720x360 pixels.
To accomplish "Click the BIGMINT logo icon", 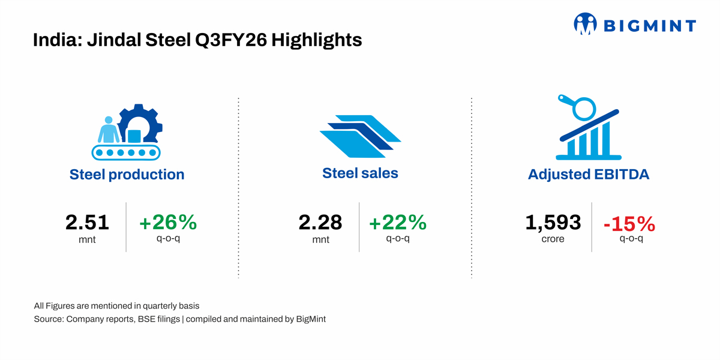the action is [585, 23].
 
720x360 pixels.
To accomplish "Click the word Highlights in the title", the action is [317, 41].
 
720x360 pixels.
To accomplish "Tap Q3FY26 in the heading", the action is [231, 40].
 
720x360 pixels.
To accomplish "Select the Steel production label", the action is [127, 175].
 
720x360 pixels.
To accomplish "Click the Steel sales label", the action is [360, 173].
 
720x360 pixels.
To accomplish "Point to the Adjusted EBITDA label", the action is [589, 175].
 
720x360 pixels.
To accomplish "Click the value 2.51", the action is [87, 223].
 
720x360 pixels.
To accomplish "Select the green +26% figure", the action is [168, 222].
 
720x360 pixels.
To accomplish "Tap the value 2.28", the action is [320, 223].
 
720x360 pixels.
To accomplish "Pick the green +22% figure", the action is [398, 222].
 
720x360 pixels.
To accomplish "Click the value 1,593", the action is [553, 223].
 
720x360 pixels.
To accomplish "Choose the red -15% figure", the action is [629, 224].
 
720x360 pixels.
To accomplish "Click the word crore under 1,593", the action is [553, 239].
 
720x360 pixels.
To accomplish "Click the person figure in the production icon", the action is [109, 130].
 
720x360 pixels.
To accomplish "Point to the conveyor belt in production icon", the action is [126, 152].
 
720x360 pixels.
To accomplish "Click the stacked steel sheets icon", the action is [360, 136].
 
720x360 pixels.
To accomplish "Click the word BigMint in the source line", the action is [311, 319].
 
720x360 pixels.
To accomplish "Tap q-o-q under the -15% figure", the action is [631, 239].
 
